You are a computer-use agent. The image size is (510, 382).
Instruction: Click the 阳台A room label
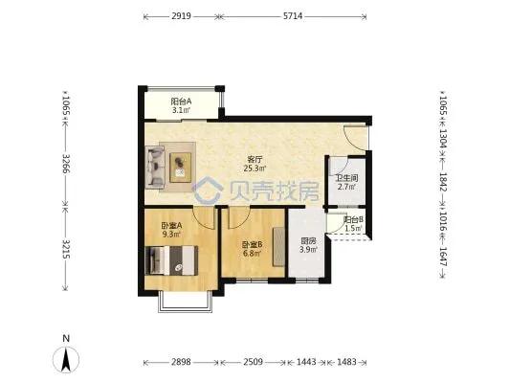click(x=181, y=101)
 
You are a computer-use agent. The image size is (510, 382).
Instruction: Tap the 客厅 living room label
click(x=255, y=160)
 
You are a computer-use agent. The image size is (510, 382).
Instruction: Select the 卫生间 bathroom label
click(x=346, y=178)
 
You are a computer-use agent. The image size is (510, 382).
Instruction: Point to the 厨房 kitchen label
click(x=308, y=241)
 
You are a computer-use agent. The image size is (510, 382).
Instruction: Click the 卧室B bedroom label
click(x=252, y=244)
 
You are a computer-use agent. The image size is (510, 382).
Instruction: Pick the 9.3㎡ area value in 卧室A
click(x=171, y=234)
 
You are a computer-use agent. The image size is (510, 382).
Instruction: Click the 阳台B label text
click(x=353, y=219)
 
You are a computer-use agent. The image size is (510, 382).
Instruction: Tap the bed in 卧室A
click(x=171, y=260)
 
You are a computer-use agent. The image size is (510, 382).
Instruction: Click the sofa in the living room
click(x=155, y=167)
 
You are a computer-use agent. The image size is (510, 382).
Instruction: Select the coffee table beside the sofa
click(x=181, y=168)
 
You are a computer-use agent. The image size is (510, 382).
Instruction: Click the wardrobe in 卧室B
click(x=279, y=247)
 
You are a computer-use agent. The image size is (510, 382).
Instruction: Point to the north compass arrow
click(x=66, y=359)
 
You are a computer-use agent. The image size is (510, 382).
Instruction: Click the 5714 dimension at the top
click(x=293, y=16)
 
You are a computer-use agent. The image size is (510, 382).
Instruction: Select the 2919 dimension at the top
click(x=181, y=16)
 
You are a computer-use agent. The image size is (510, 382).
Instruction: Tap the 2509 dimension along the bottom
click(x=253, y=362)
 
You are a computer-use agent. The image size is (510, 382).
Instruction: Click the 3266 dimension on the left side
click(x=66, y=164)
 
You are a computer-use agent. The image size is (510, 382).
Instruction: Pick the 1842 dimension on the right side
click(x=444, y=182)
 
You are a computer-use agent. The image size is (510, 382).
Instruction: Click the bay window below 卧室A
click(x=185, y=303)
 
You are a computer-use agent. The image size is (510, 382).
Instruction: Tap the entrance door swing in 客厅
click(x=355, y=138)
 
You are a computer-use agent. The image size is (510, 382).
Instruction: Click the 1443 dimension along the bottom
click(x=306, y=362)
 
